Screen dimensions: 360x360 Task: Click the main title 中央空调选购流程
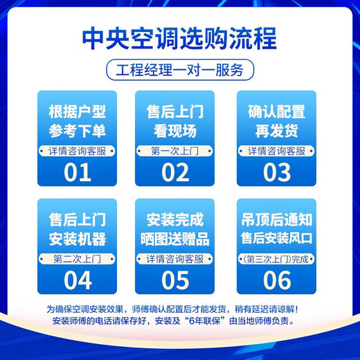coord(180,39)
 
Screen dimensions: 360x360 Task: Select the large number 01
coord(78,172)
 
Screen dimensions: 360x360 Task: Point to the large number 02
coord(175,172)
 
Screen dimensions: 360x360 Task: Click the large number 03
coord(276,172)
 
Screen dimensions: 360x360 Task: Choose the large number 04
coord(78,280)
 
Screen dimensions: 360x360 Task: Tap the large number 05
coord(175,280)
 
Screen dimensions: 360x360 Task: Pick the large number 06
coord(276,280)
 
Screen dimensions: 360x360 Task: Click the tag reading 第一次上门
coord(175,151)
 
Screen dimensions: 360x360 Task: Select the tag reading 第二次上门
coord(78,259)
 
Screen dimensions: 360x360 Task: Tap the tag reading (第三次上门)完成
coord(276,259)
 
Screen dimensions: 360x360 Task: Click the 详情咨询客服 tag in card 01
coord(78,151)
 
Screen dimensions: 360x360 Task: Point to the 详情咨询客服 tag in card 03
coord(276,151)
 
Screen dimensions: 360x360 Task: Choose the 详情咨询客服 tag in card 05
coord(175,259)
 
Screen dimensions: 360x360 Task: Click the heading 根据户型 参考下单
coord(78,121)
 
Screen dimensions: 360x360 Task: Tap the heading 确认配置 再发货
coord(276,121)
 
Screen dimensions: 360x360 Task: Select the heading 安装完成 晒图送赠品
coord(175,230)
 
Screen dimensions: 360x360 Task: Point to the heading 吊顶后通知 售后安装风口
coord(276,230)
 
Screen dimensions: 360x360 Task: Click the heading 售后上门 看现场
coord(175,121)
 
